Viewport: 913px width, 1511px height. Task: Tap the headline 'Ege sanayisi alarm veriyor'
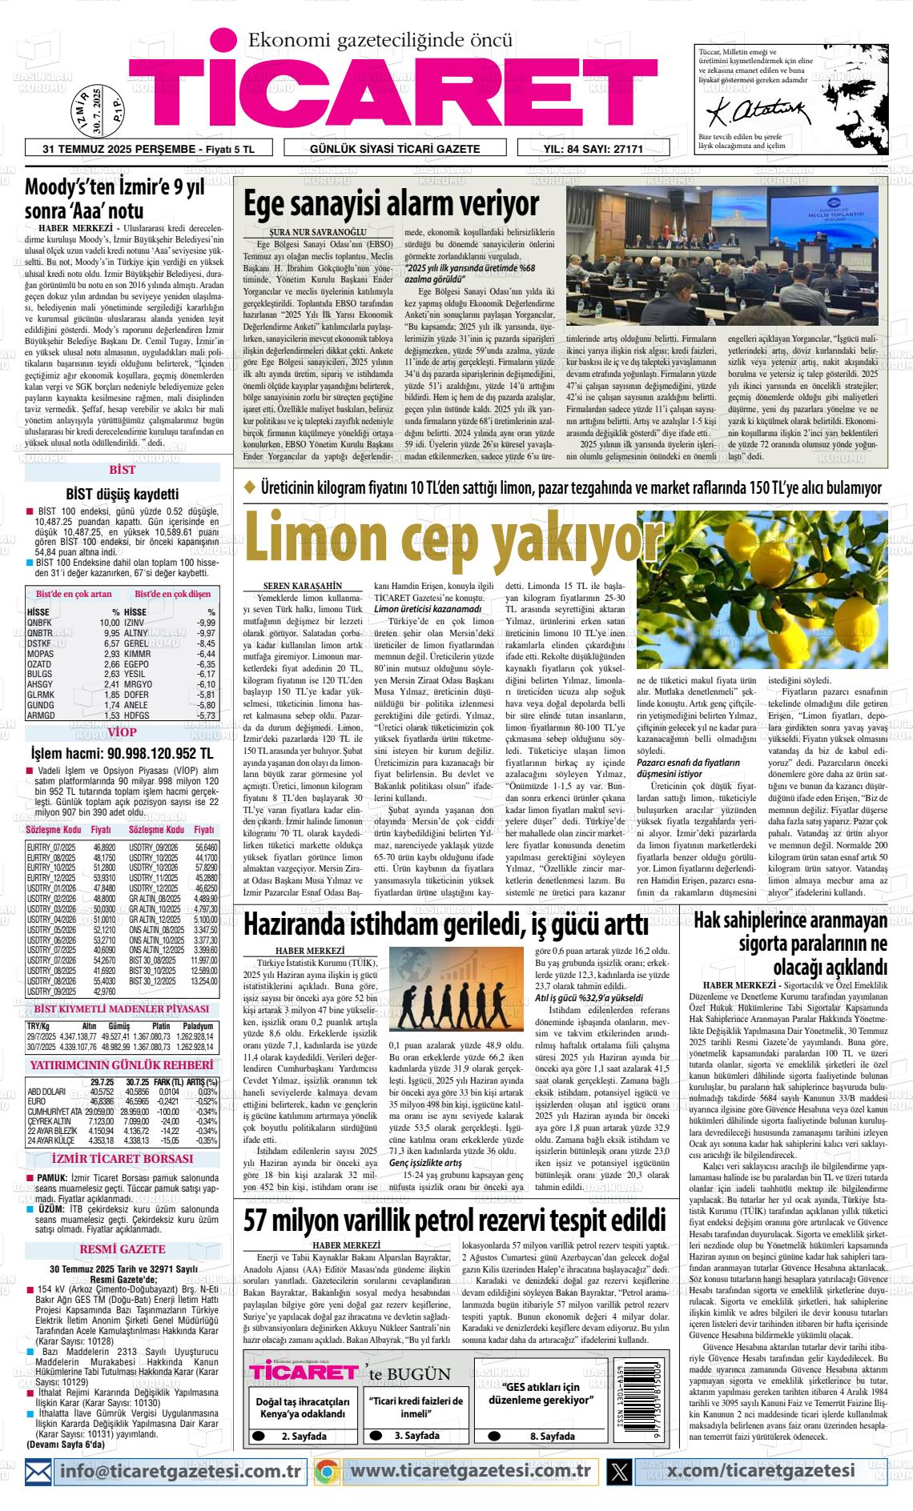392,204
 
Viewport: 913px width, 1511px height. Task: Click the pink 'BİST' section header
122,470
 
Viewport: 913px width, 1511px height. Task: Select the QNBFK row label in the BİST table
39,623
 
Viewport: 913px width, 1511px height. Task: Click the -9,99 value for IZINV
206,623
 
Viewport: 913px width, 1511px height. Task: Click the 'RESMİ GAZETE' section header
123,1248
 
